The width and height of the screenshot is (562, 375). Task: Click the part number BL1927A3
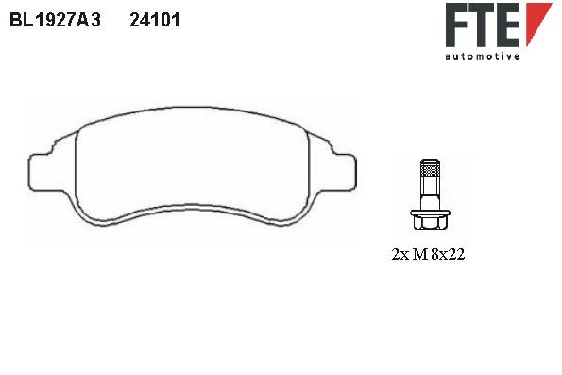click(x=55, y=20)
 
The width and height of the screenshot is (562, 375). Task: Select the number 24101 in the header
click(x=155, y=20)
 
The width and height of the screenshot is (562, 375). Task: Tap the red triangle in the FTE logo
click(x=536, y=22)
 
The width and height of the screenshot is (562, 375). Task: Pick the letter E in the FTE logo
click(x=509, y=25)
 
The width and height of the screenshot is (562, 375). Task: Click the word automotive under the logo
click(x=482, y=56)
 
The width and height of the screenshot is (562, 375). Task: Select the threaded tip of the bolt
click(x=430, y=167)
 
